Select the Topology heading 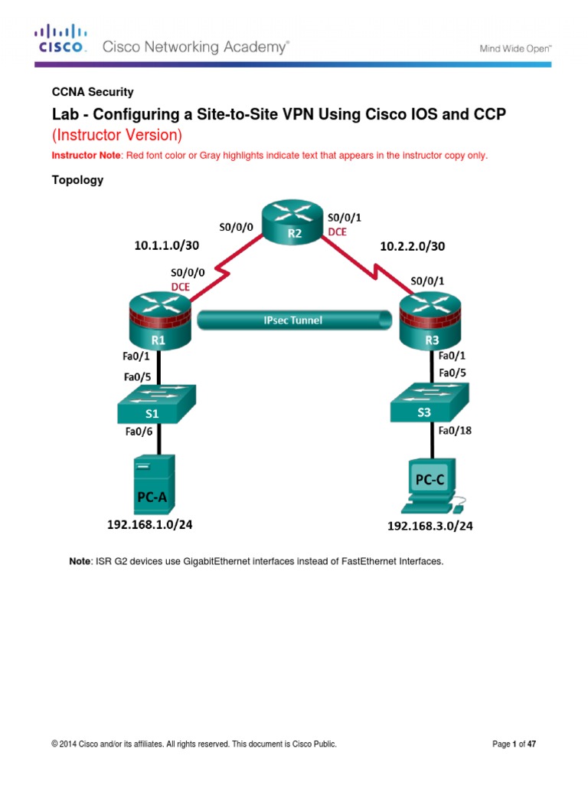pyautogui.click(x=77, y=181)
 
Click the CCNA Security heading pyautogui.click(x=92, y=92)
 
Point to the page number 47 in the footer pyautogui.click(x=541, y=744)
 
